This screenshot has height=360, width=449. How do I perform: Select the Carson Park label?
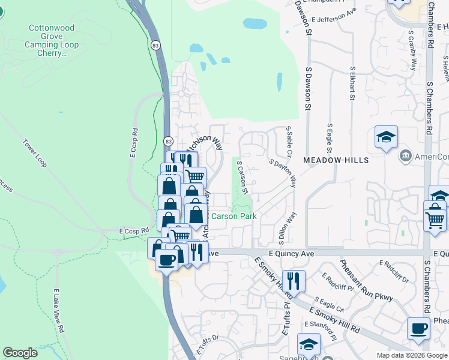pyautogui.click(x=234, y=216)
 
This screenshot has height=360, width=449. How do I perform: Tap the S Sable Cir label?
pyautogui.click(x=289, y=142)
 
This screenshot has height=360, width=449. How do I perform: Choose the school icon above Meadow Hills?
pyautogui.click(x=386, y=137)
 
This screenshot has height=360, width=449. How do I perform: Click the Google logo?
pyautogui.click(x=20, y=353)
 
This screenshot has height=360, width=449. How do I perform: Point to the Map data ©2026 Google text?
pyautogui.click(x=411, y=355)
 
